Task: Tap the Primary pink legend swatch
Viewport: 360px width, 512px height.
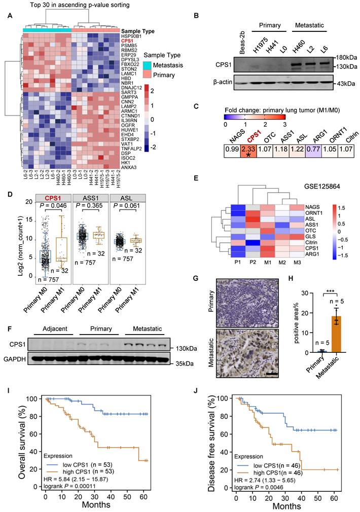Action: pos(148,75)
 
